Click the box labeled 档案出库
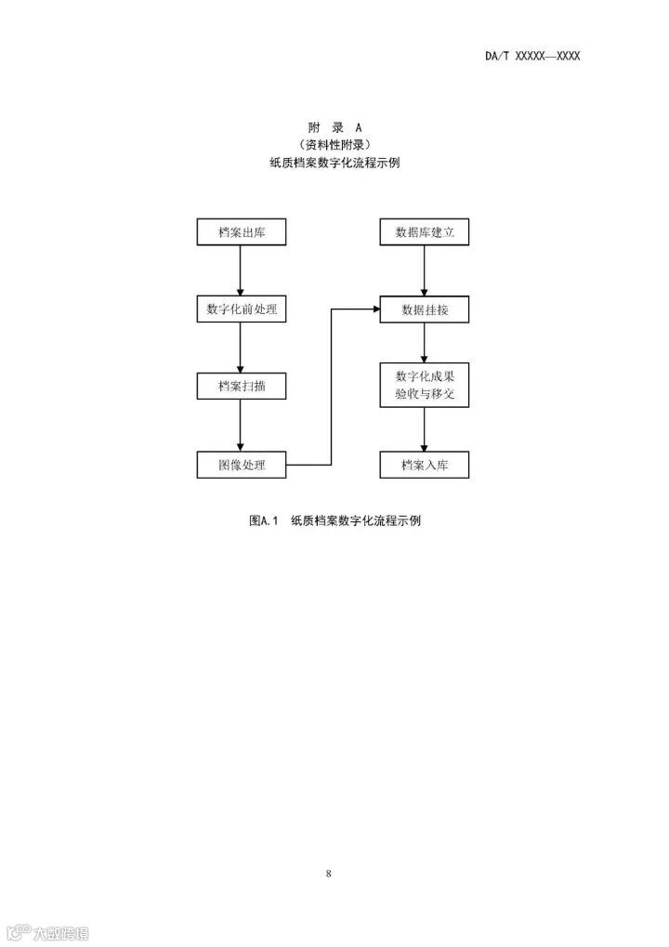tap(241, 232)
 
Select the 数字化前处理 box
tap(241, 309)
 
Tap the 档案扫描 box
tap(241, 387)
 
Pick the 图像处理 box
tap(241, 465)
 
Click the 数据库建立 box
tap(425, 232)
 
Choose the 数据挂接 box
tap(425, 309)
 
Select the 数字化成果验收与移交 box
tap(425, 386)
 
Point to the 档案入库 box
tap(425, 465)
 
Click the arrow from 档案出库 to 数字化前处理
tap(241, 270)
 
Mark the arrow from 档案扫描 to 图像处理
tap(241, 426)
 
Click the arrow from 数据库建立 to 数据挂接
tap(425, 270)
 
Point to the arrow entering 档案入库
tap(425, 430)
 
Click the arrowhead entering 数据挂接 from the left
tap(374, 309)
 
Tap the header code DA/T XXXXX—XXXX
tap(532, 56)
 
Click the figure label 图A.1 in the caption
tap(264, 520)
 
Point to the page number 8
tap(329, 874)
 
